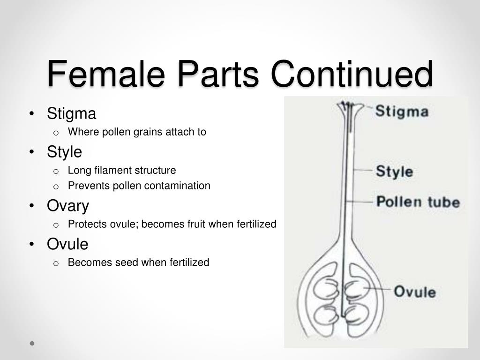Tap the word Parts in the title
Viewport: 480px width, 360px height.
pos(218,74)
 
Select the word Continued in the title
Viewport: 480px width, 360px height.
pos(352,74)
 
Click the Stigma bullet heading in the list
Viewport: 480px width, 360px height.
pos(71,114)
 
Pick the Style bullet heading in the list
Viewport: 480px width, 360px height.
pos(64,152)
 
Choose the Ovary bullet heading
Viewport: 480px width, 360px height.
pos(68,206)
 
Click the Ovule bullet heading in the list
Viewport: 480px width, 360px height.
pos(67,244)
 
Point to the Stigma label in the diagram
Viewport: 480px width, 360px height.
pos(402,111)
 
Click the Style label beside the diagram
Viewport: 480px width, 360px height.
pos(394,172)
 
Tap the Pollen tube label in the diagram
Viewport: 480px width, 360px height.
pos(418,202)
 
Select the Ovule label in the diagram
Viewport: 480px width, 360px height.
pos(415,291)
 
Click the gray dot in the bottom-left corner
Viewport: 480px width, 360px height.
pos(32,343)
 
